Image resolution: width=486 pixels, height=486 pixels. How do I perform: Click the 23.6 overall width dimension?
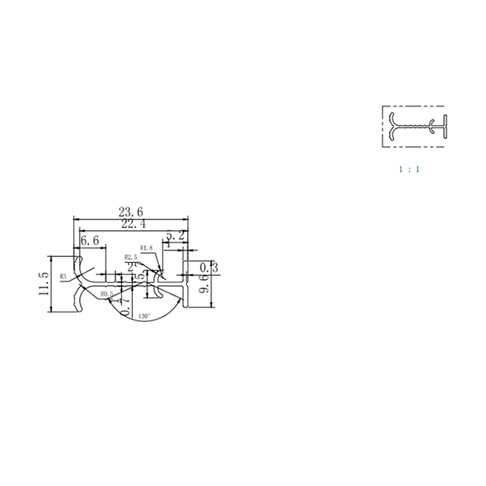[131, 212]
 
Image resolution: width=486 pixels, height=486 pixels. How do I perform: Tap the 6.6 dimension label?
[90, 240]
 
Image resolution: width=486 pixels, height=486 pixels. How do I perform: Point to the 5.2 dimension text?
[175, 236]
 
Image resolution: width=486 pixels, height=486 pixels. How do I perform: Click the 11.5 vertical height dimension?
[44, 284]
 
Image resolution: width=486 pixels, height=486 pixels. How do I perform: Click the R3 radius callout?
[63, 277]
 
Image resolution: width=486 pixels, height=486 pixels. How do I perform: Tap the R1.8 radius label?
[146, 247]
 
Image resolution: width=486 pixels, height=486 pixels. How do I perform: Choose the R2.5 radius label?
[131, 257]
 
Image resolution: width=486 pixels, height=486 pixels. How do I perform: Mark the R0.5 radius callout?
[107, 294]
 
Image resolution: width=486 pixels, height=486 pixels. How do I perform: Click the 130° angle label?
[144, 316]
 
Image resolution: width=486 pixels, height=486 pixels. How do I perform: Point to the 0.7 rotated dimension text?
[125, 307]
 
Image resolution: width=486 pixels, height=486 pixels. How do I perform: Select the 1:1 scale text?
[409, 170]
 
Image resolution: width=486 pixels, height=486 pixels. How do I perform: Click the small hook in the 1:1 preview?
[432, 127]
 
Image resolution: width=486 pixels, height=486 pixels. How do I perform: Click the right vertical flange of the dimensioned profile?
[185, 284]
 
